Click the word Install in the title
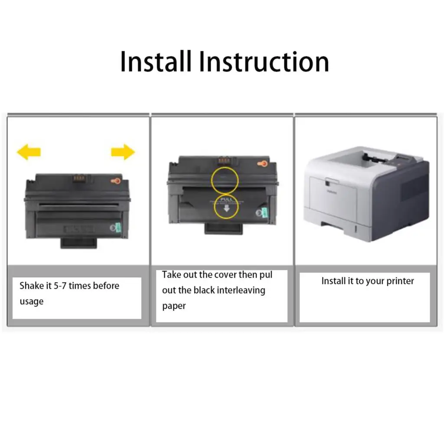click(155, 62)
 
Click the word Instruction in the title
click(264, 62)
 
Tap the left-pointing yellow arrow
click(29, 152)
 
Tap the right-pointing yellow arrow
click(123, 152)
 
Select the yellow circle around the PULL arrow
click(226, 206)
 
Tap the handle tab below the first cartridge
click(78, 243)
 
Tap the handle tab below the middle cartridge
click(223, 228)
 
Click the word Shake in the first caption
click(32, 286)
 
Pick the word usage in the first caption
click(32, 301)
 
